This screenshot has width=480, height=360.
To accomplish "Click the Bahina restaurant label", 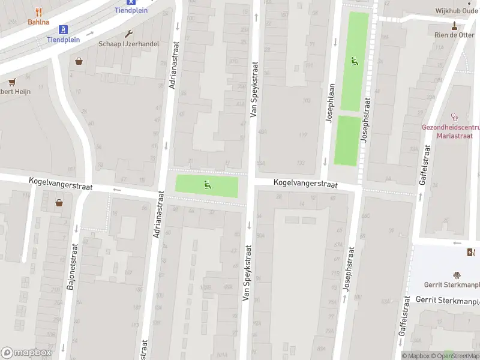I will (x=38, y=22).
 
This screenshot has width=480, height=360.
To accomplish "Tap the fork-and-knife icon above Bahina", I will (x=38, y=11).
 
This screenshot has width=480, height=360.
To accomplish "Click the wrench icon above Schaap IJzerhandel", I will (x=128, y=34).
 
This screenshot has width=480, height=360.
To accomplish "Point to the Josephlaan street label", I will (x=329, y=102).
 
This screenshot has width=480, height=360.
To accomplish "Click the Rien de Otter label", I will (x=454, y=35).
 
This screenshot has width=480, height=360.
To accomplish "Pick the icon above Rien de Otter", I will (x=454, y=25).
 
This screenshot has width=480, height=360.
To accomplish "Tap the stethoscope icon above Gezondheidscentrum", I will (x=454, y=117).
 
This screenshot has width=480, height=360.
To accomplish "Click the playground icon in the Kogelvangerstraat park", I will (x=208, y=185).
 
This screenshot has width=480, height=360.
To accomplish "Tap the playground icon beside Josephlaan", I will (x=355, y=61).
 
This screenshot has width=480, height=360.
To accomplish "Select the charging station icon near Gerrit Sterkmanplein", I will (x=470, y=252).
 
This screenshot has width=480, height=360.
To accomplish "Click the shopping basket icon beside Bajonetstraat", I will (x=59, y=203).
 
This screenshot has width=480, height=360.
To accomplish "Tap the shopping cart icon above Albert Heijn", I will (x=11, y=82).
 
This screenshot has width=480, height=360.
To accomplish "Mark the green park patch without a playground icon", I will (x=347, y=140).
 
